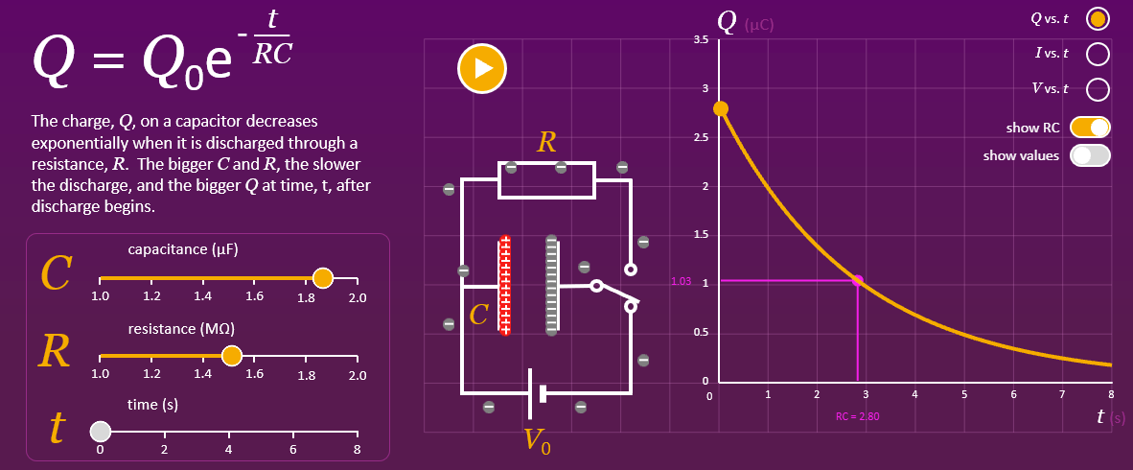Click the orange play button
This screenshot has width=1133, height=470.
click(x=481, y=68)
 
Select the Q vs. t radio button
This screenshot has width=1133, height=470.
click(x=1098, y=19)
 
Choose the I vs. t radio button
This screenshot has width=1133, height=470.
click(x=1098, y=54)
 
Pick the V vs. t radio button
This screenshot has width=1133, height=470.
click(x=1098, y=89)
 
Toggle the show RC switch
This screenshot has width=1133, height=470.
click(x=1090, y=127)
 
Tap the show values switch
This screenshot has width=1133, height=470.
click(x=1090, y=155)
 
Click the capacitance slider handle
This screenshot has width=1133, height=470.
click(x=323, y=278)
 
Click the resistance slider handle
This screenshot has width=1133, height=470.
click(x=231, y=356)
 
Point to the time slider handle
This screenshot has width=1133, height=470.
click(x=101, y=432)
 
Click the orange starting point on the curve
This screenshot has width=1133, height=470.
click(x=721, y=108)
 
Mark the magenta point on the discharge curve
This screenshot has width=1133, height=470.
click(x=857, y=281)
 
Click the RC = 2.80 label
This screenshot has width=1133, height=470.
click(x=857, y=416)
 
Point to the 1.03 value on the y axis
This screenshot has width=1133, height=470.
click(x=682, y=282)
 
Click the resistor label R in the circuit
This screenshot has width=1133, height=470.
click(x=546, y=143)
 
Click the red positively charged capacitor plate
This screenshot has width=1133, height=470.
click(x=504, y=286)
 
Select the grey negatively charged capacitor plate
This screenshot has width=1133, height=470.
click(x=551, y=286)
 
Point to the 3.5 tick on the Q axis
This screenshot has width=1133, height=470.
click(x=701, y=39)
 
